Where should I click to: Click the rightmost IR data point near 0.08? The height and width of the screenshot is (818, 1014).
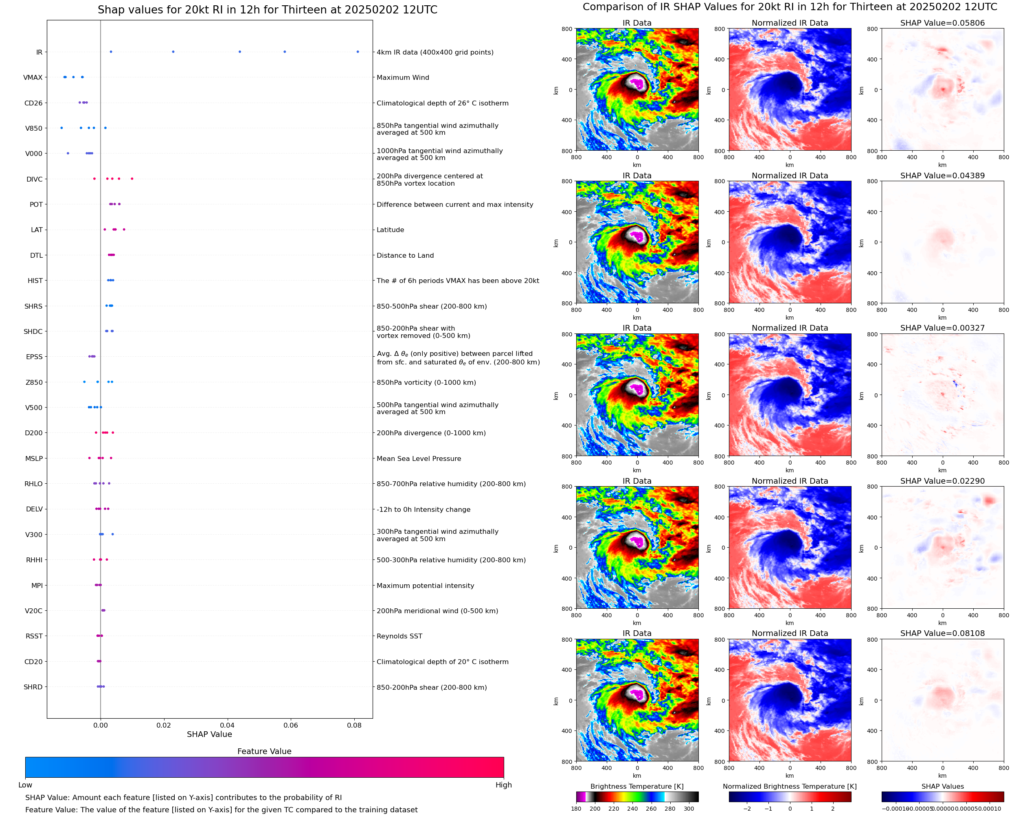point(358,52)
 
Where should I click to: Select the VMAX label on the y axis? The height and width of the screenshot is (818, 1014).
point(33,77)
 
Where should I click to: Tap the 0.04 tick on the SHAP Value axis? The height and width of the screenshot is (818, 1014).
point(227,725)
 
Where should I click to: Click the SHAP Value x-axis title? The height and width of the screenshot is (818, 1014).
point(209,734)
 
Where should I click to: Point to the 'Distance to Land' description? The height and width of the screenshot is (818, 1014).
point(405,255)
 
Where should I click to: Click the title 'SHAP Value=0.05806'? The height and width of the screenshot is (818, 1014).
point(942,23)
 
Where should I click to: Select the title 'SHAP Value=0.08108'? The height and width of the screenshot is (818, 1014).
point(942,633)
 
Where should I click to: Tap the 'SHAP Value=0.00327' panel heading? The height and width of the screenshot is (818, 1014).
point(942,328)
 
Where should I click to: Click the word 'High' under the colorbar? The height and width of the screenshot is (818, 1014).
point(503,785)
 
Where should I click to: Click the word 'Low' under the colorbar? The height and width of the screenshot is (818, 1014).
point(25,785)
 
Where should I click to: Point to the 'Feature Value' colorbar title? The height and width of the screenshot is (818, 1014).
point(264,751)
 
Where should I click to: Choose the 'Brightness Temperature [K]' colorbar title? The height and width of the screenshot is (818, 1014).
point(636,786)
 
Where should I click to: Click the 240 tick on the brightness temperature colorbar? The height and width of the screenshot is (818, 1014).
point(632,809)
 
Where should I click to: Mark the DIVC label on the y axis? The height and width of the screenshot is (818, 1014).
point(34,179)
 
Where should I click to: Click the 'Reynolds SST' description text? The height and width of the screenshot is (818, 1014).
point(399,636)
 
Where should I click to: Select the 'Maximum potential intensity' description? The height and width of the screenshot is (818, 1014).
point(425,586)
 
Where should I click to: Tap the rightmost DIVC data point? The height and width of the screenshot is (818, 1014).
point(132,179)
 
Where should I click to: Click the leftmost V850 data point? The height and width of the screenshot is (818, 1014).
point(62,128)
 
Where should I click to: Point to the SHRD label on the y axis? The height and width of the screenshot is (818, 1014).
point(33,687)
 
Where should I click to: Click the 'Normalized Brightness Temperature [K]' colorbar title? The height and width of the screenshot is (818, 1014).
point(789,786)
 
